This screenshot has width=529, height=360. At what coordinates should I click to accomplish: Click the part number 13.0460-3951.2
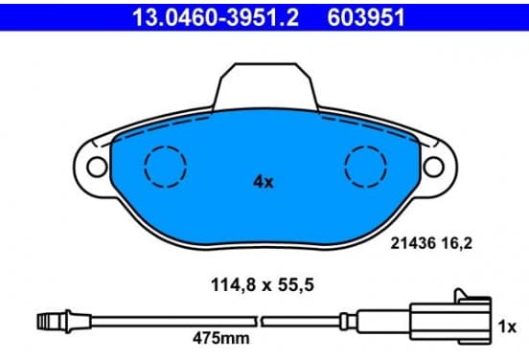click(x=216, y=17)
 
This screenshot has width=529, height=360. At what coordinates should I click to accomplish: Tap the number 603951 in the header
click(x=366, y=17)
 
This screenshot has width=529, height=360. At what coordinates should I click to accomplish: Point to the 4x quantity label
click(x=264, y=182)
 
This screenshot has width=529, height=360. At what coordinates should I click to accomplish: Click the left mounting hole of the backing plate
click(x=97, y=167)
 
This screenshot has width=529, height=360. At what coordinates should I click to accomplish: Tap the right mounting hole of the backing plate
click(x=434, y=167)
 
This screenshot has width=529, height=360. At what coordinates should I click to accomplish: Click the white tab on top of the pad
click(x=265, y=86)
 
